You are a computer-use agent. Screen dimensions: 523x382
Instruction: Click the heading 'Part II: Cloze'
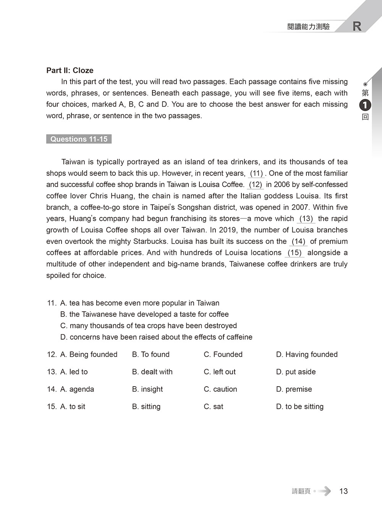coord(70,70)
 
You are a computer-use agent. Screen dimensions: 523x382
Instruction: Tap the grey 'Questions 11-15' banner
coord(79,139)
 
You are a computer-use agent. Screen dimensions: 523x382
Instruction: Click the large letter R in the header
coord(357,26)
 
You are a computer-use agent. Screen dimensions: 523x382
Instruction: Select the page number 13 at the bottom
coord(343,491)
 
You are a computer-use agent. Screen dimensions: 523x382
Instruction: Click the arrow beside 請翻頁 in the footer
coord(324,491)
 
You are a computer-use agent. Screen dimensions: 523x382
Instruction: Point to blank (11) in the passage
coord(256,173)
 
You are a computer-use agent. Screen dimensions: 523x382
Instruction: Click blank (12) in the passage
coord(256,185)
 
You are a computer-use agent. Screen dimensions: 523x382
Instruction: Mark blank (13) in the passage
coord(306,219)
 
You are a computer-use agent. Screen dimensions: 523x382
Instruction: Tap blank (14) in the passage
coord(298,241)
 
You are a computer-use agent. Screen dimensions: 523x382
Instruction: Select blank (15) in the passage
coord(295,253)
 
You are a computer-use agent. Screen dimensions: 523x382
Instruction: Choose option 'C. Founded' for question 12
coord(223,355)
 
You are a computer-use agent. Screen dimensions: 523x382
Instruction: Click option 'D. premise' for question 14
coord(294,389)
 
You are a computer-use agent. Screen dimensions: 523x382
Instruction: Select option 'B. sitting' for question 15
coord(146,406)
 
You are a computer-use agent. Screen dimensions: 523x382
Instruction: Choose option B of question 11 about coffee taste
coord(144,314)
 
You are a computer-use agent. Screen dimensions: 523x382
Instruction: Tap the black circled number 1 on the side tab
coord(365,104)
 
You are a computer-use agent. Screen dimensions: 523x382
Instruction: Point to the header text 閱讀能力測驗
coord(308,27)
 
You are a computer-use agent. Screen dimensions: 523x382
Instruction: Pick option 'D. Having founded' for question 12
coord(307,355)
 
